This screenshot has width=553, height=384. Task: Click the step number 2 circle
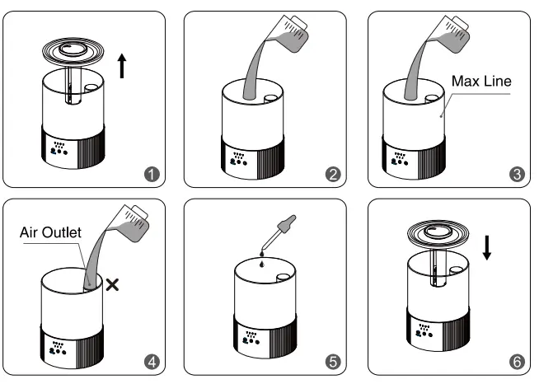(x=334, y=174)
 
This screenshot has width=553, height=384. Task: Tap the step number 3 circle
(x=518, y=174)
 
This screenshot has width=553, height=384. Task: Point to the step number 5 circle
(x=334, y=362)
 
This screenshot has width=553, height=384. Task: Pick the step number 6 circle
(x=518, y=362)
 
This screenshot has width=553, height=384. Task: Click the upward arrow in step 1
(x=123, y=64)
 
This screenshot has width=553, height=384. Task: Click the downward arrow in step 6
(x=487, y=246)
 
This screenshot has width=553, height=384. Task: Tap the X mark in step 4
(x=112, y=284)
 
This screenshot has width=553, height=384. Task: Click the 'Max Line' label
(x=482, y=81)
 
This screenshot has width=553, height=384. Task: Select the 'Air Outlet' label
(x=50, y=233)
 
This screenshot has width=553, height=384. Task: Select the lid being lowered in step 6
(x=438, y=235)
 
